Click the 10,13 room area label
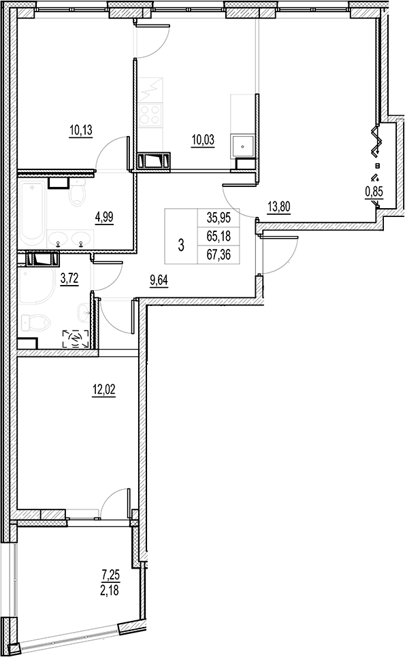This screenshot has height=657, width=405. coord(81,131)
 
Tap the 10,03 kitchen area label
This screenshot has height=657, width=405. coord(203,140)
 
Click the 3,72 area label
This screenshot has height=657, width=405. coord(69,278)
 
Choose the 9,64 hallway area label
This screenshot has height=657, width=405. coord(159,281)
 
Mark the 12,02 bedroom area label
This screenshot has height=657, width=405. coord(103,390)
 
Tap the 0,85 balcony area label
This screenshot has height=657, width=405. coord(374,192)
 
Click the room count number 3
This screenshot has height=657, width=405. coord(181,245)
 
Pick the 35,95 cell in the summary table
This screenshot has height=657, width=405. coord(219,218)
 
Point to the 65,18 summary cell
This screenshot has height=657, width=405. coord(219,235)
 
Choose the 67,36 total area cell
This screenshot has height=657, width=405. coord(219,254)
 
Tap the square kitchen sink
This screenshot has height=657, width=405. coord(242,147)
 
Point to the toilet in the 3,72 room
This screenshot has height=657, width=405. coord(37,323)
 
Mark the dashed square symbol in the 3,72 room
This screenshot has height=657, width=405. coord(76,339)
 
